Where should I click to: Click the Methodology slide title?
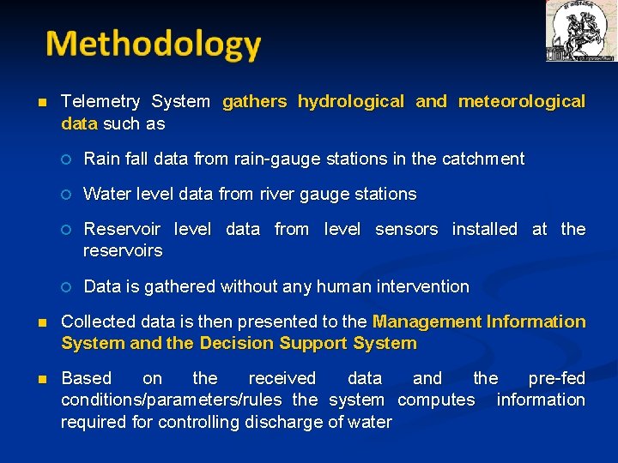153,45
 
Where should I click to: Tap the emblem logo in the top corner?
580,31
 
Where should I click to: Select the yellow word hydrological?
350,102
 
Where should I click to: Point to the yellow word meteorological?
522,102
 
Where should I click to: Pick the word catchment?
482,159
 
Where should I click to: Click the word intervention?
422,287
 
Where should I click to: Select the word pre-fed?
556,379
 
